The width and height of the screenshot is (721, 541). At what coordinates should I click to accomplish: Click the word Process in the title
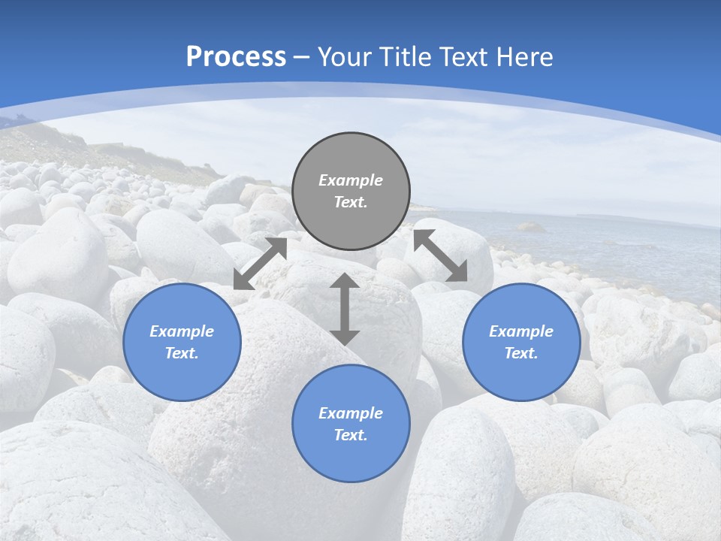point(236,57)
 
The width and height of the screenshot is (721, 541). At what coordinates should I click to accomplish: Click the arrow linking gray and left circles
point(261,264)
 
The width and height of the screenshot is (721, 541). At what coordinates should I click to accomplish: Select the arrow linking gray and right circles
point(440,255)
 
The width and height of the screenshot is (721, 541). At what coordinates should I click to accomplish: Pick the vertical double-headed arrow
point(345,309)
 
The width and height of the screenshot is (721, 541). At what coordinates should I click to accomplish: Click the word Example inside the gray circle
point(351,180)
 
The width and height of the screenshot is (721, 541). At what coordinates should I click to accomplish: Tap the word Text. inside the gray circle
point(351,202)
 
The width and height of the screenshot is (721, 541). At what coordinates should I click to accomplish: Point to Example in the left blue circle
point(182,331)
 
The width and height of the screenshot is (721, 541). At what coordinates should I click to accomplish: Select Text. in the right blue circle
point(521,353)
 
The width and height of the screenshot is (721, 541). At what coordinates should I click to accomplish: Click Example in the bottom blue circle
point(351,413)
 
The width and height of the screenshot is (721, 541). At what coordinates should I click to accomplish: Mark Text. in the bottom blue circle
point(351,435)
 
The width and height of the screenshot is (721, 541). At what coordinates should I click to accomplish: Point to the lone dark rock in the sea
point(530,226)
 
